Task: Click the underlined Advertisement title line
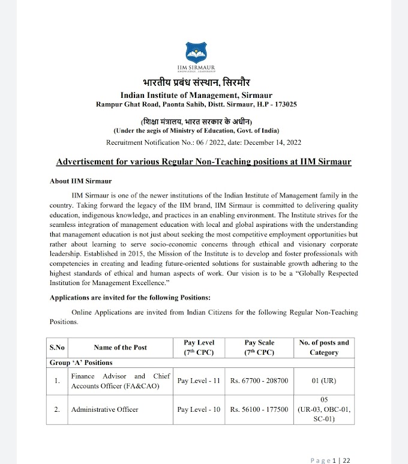[203, 162]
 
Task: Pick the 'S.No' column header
[57, 347]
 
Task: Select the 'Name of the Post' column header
[120, 347]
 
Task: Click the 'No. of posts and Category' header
[323, 347]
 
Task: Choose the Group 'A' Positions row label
[81, 363]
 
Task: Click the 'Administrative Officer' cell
[104, 409]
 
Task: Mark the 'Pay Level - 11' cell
[199, 381]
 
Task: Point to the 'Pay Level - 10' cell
[199, 409]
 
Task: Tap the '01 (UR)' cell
[323, 381]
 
